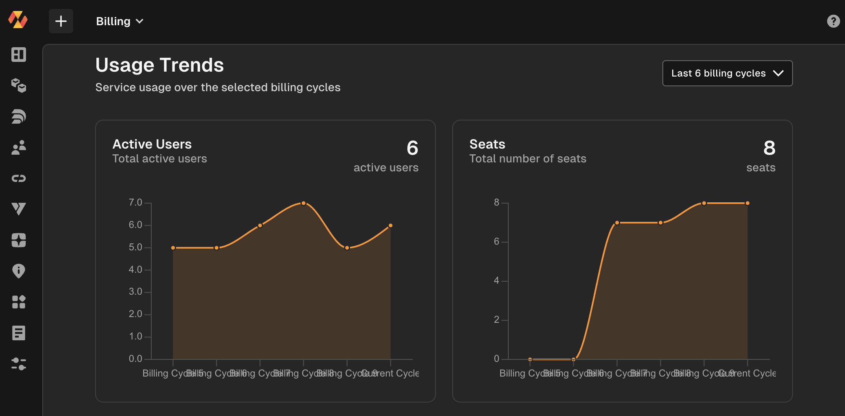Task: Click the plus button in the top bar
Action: click(61, 21)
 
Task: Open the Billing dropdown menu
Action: click(120, 21)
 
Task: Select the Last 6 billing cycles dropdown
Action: click(727, 73)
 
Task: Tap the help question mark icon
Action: click(833, 21)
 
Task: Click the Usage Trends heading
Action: click(159, 65)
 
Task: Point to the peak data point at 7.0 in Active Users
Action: click(303, 203)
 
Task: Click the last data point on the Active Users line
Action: click(390, 226)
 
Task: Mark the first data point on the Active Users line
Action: click(173, 247)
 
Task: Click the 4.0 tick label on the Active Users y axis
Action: click(135, 269)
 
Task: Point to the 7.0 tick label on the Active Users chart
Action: click(135, 203)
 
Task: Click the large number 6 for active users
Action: click(412, 148)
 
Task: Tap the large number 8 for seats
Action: click(769, 148)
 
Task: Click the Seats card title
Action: click(487, 144)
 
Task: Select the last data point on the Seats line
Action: click(747, 203)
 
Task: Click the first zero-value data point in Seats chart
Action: click(530, 359)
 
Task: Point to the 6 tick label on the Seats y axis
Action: click(497, 242)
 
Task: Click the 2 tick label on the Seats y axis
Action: click(497, 320)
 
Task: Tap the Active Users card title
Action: click(152, 144)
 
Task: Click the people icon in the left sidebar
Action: click(19, 147)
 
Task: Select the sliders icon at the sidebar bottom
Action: click(19, 364)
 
